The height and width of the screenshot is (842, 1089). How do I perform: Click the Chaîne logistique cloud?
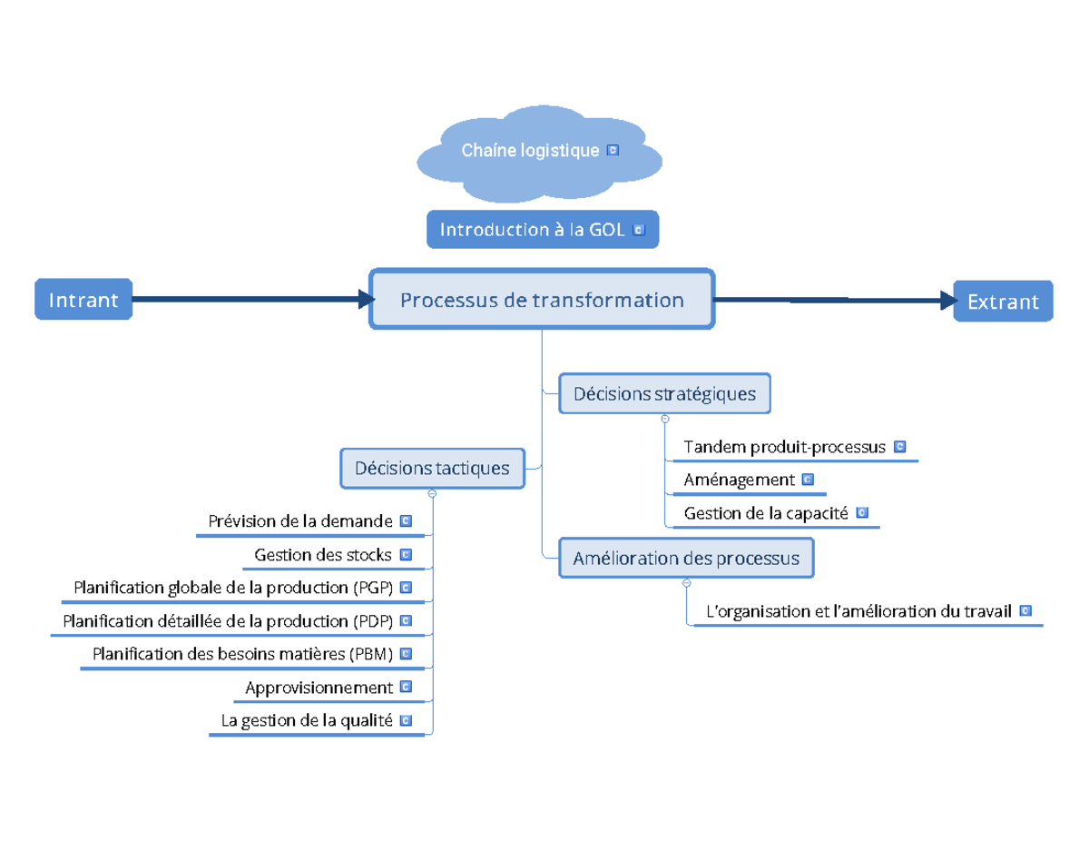(x=539, y=152)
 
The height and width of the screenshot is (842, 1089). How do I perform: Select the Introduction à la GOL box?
(x=542, y=231)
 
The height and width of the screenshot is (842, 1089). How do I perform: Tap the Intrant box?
(x=83, y=300)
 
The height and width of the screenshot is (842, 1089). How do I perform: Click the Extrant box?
(x=1003, y=302)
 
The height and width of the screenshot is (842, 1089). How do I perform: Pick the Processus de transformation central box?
(x=542, y=299)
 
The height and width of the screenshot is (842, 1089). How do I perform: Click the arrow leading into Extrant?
(x=835, y=300)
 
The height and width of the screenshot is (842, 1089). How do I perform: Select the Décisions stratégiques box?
(x=664, y=393)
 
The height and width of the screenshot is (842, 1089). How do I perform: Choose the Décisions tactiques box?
(x=432, y=468)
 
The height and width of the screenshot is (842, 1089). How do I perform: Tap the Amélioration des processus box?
(x=686, y=558)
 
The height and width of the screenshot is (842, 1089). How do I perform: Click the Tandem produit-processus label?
(x=784, y=447)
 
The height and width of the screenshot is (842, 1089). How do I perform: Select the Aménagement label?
(x=739, y=480)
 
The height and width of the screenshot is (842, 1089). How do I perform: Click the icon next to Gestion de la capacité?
(x=862, y=513)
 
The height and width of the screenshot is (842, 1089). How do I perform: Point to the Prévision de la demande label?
(x=300, y=521)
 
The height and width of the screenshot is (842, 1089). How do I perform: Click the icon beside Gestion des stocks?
(x=406, y=554)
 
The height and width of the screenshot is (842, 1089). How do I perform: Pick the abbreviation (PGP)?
(x=372, y=588)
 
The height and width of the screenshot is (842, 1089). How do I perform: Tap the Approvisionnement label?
(x=319, y=688)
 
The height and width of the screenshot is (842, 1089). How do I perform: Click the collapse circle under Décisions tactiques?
(x=432, y=493)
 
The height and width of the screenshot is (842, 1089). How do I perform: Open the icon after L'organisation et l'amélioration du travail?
(x=1025, y=611)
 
